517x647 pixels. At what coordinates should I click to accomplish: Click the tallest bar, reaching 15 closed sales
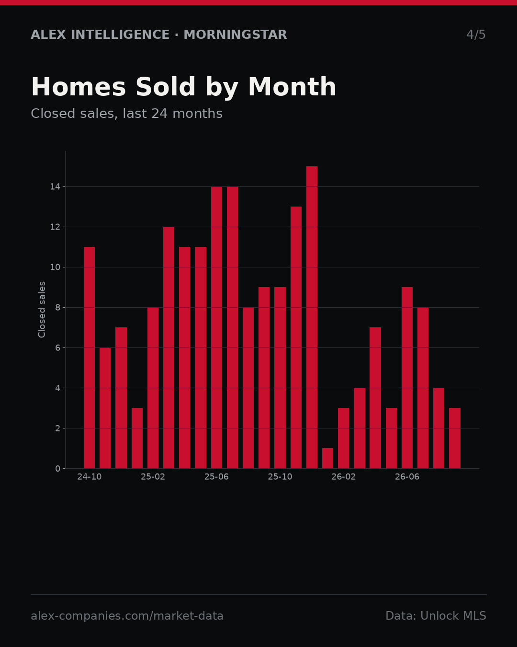point(312,317)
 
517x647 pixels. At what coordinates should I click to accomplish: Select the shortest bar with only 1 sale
point(328,458)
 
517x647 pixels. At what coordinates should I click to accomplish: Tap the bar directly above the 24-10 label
point(89,358)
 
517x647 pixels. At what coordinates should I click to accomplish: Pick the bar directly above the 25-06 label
point(216,327)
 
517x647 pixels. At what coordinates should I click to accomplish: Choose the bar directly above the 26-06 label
point(407,378)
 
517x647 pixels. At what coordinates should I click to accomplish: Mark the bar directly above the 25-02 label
point(153,388)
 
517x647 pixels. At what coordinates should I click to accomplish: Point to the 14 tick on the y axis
point(55,187)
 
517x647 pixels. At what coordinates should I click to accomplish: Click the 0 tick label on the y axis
point(57,469)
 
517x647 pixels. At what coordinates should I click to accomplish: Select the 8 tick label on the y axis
point(57,308)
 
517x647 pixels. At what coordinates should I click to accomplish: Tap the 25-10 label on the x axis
point(280,477)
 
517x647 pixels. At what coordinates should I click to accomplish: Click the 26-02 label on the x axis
point(343,477)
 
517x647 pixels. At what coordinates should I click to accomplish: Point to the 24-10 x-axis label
point(89,477)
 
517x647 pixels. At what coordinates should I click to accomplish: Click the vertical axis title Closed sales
point(42,310)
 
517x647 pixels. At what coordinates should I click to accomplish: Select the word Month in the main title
point(292,87)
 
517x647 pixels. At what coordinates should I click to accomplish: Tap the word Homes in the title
point(79,87)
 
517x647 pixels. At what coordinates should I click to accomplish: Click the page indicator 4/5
point(476,35)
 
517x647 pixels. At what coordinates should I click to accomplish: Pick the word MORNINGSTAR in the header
point(235,35)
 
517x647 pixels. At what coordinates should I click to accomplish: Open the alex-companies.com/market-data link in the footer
point(127,616)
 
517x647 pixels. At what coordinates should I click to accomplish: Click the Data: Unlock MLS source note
point(436,616)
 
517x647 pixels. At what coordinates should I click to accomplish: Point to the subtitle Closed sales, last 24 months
point(126,114)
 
